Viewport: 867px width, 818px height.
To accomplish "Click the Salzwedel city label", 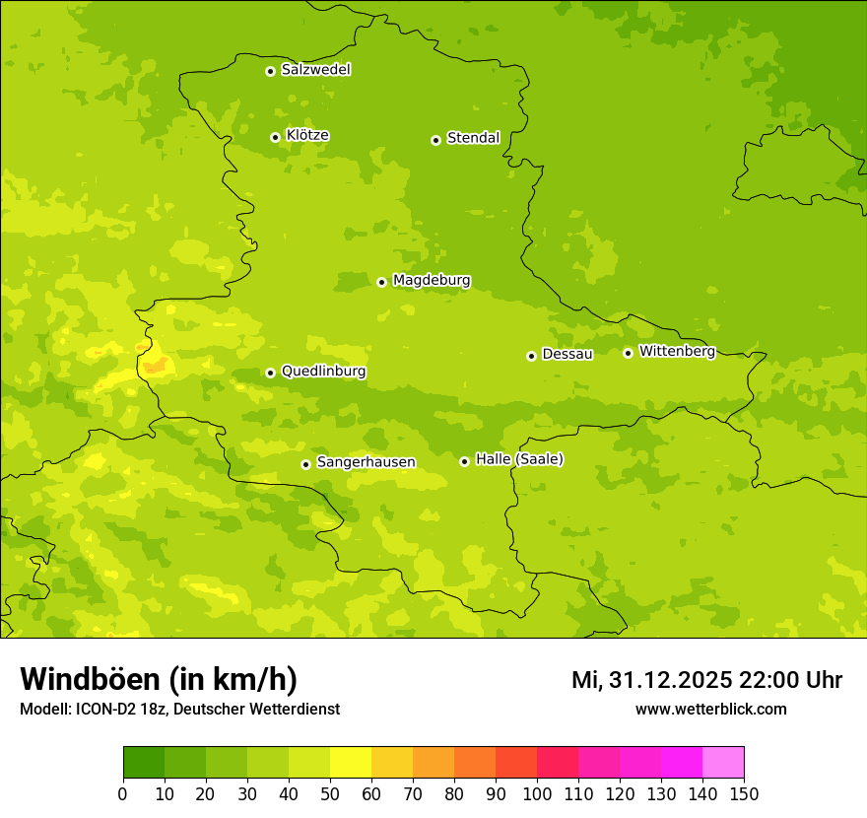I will point(315,70).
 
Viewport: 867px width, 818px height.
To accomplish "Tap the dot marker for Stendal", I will point(435,140).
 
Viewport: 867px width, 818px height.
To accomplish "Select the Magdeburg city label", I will point(432,281).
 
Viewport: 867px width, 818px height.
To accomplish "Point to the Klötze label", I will point(307,136).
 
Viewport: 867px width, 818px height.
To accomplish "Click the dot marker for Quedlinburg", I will point(270,373).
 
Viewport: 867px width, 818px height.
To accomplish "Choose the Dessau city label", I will point(567,354).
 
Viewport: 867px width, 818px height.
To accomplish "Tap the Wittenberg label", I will point(677,352).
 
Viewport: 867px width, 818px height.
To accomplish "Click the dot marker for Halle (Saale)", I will point(464,461).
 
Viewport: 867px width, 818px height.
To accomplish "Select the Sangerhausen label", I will point(366,462).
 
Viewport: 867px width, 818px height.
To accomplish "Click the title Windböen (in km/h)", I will point(159,679).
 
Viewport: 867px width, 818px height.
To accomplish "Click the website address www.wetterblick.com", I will point(710,709).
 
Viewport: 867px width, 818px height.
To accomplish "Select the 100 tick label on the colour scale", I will point(537,793).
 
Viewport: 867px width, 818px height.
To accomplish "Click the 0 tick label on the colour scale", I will point(123,793).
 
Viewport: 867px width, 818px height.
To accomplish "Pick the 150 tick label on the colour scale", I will point(744,793).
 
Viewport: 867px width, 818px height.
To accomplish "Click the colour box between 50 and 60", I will point(351,763).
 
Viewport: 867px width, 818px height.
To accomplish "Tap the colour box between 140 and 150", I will point(723,763).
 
